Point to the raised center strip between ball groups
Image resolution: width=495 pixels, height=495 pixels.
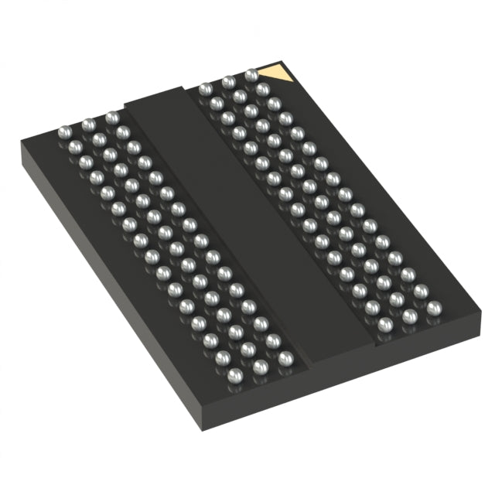(x=232, y=224)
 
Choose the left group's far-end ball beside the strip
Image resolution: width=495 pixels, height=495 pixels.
(x=112, y=118)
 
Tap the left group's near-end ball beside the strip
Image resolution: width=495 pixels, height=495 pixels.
(x=286, y=358)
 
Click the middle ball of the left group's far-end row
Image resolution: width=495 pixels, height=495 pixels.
(x=88, y=125)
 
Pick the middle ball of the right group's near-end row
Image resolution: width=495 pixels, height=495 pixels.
(x=410, y=317)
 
